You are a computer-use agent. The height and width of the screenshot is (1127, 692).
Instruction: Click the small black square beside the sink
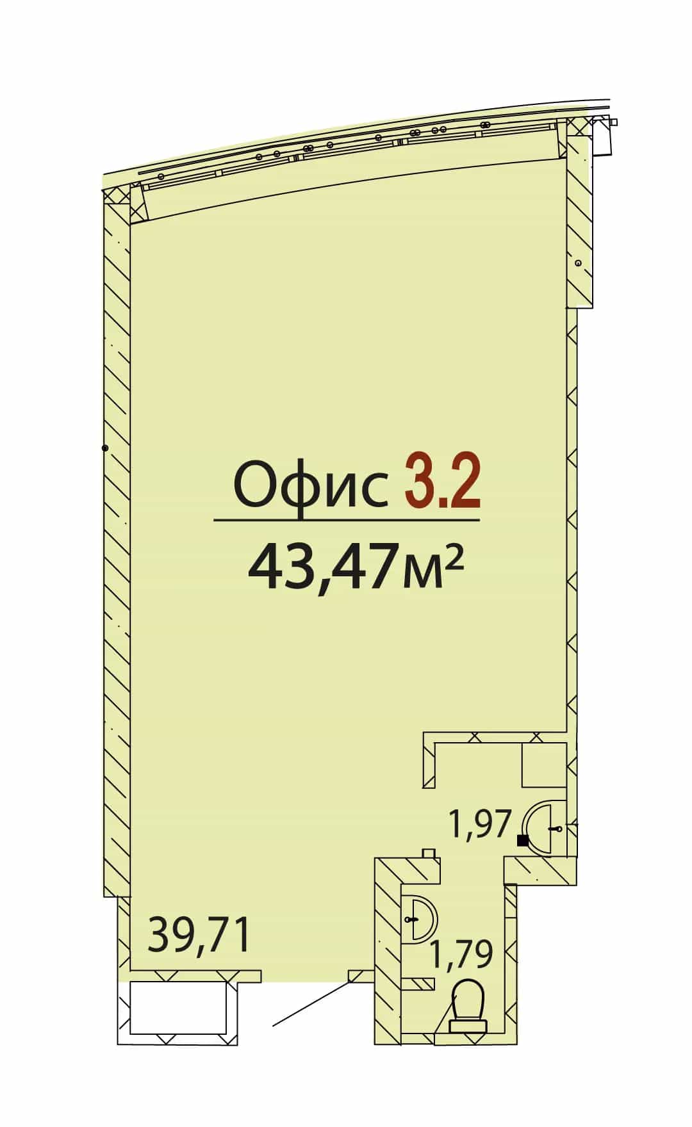point(523,841)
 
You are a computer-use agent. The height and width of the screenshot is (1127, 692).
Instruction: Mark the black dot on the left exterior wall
point(105,448)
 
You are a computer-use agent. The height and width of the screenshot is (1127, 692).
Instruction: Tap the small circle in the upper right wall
point(578,263)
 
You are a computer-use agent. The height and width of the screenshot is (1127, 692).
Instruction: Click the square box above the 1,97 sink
point(544,765)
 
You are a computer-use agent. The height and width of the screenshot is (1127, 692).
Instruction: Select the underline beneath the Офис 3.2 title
point(347,520)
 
